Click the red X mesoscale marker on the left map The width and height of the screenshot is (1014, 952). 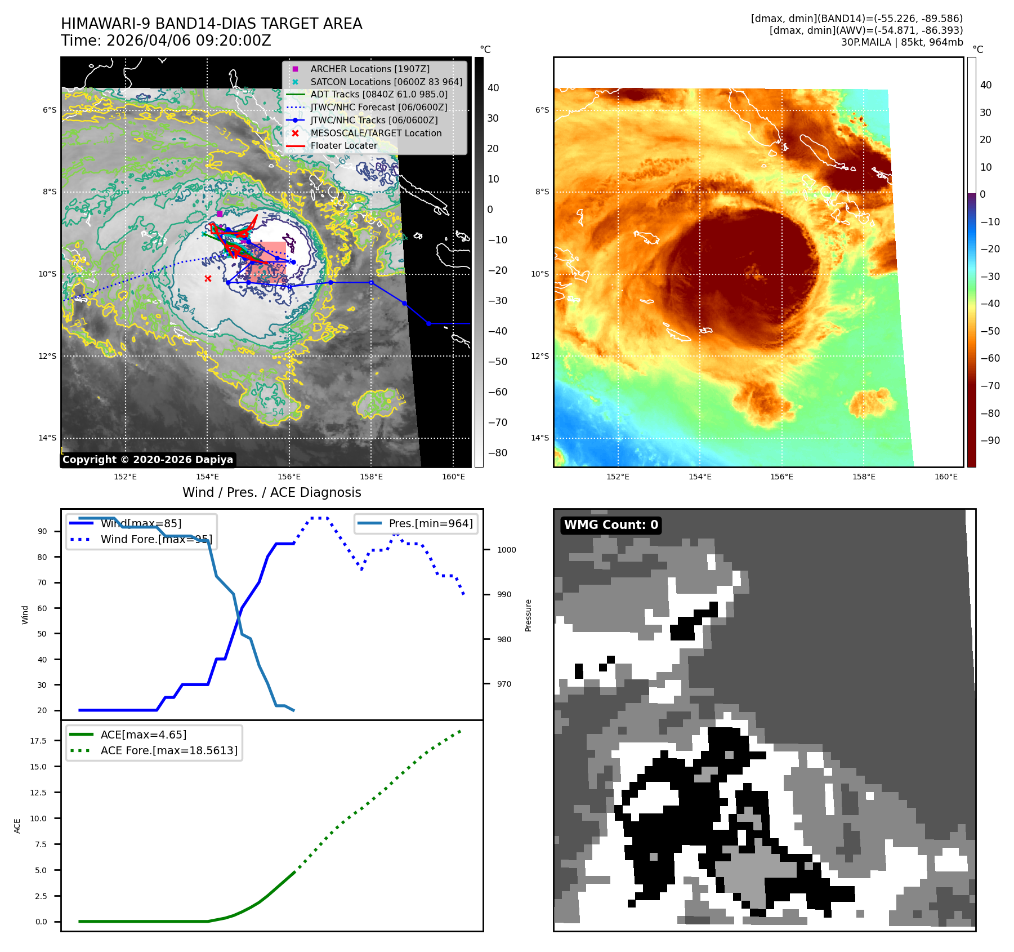[x=208, y=279]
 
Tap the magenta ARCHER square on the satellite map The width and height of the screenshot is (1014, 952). [x=220, y=213]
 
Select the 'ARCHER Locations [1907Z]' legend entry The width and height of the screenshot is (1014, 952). [x=369, y=69]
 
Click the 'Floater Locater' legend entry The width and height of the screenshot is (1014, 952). [x=343, y=145]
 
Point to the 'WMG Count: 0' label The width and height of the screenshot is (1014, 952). [x=611, y=525]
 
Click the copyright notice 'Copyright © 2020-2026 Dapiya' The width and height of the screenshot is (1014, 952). [x=148, y=460]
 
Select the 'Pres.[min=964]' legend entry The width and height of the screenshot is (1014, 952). [x=430, y=523]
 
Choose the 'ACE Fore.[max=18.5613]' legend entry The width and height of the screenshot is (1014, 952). [x=169, y=750]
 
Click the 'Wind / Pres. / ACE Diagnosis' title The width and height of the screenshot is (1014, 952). [x=271, y=492]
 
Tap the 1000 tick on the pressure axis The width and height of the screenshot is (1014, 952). [x=506, y=550]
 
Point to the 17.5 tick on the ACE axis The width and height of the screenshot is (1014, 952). [x=38, y=741]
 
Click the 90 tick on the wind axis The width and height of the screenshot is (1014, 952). [x=42, y=531]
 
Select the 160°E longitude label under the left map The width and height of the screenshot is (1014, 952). [x=453, y=477]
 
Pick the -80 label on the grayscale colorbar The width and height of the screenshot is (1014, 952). [x=497, y=453]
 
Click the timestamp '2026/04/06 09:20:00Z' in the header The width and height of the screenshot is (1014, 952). [x=189, y=41]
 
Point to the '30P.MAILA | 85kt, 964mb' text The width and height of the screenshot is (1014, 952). [x=902, y=42]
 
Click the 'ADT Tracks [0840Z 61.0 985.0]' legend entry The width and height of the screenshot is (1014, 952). [x=379, y=94]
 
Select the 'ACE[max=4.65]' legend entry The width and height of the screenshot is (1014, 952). [x=144, y=735]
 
